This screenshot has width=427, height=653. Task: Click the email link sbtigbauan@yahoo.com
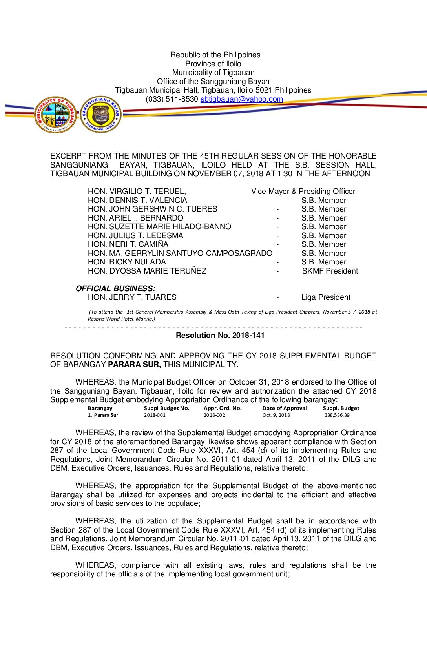click(241, 99)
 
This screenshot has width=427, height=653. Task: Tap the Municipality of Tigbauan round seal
click(55, 115)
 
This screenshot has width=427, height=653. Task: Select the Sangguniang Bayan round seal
click(101, 115)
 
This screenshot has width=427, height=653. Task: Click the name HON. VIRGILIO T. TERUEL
click(137, 192)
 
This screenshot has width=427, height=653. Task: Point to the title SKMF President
click(330, 271)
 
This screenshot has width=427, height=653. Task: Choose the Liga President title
click(326, 297)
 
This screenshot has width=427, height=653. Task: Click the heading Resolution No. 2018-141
click(220, 336)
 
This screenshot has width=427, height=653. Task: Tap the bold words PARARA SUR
click(134, 365)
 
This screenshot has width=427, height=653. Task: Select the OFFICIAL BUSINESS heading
click(115, 289)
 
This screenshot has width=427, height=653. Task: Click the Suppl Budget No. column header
click(166, 409)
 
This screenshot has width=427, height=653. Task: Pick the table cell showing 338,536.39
click(337, 415)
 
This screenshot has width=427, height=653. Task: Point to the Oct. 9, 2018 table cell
click(276, 415)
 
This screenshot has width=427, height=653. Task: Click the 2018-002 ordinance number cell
click(214, 415)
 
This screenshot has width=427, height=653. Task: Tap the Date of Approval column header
click(285, 409)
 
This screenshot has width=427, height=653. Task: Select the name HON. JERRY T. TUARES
click(132, 297)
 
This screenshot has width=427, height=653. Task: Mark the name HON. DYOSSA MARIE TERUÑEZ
click(147, 271)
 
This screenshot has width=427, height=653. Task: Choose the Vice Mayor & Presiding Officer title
click(303, 192)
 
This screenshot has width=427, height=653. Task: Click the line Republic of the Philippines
click(215, 55)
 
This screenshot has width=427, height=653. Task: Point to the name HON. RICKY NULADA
click(127, 262)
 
